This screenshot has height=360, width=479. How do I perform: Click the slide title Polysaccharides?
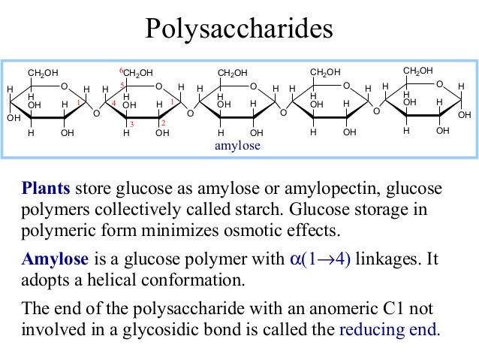click(239, 29)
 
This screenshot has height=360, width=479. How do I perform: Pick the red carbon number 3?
click(131, 123)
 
